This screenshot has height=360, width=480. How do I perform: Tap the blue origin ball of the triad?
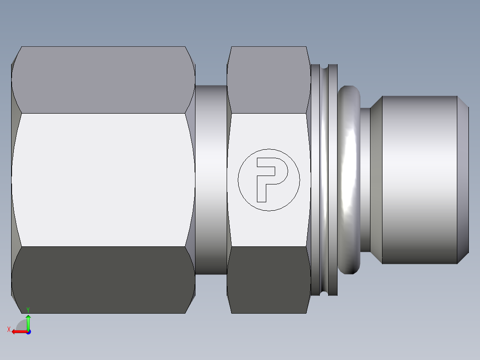tap(28, 332)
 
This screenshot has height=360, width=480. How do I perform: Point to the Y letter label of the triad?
tap(28, 309)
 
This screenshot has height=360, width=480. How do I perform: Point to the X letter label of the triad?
tap(8, 330)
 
